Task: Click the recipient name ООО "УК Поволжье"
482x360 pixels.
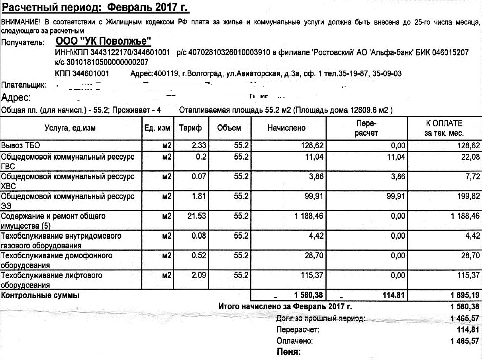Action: (104, 42)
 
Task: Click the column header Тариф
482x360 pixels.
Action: (190, 128)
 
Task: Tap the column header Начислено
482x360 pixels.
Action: (287, 128)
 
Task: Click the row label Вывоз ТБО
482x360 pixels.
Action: (21, 146)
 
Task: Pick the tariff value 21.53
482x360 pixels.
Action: (197, 216)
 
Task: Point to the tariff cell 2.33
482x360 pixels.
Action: (199, 146)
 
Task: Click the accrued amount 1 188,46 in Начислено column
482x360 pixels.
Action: (309, 216)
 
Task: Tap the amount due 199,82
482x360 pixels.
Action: (467, 197)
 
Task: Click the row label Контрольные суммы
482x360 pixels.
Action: (40, 295)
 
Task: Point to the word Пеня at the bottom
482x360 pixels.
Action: (288, 352)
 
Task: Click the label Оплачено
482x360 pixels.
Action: (295, 341)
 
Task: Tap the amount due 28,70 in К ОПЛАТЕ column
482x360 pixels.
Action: (470, 256)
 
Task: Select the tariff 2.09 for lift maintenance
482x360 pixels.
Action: (199, 275)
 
